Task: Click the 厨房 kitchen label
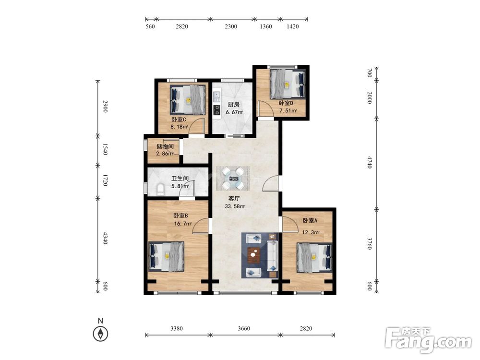coord(234,105)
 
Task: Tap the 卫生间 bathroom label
coord(180,179)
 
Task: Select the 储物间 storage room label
coord(165,146)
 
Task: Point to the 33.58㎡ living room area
coord(235,206)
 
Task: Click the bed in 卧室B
coord(166,256)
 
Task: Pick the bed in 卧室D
coord(288,84)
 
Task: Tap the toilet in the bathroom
coord(160,189)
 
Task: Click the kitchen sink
coord(217,96)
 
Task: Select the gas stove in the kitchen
coord(217,109)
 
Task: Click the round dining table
coord(233,178)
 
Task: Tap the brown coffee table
coord(253,255)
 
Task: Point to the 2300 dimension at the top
coord(231,26)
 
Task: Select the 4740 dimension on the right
coord(370,162)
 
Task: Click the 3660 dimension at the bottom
coord(244,328)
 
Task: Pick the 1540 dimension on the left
coord(105,149)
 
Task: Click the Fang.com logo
coord(428,340)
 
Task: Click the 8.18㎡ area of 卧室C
coord(179,126)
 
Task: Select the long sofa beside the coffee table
coord(272,255)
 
